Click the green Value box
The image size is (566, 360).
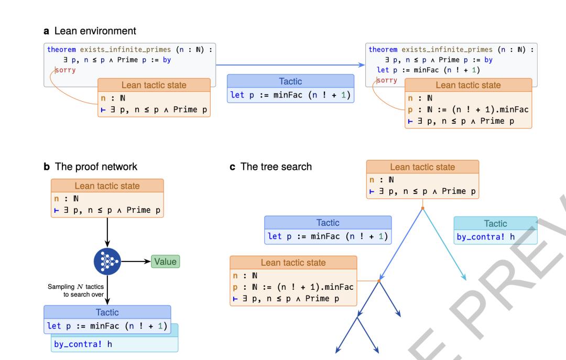pyautogui.click(x=165, y=261)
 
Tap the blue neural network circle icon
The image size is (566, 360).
pyautogui.click(x=107, y=261)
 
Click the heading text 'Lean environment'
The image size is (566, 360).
pyautogui.click(x=95, y=31)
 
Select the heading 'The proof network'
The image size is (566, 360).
pyautogui.click(x=96, y=167)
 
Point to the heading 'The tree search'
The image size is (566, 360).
pyautogui.click(x=276, y=167)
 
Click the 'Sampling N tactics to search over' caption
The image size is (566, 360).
pyautogui.click(x=76, y=290)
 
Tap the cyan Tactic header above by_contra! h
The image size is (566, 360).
pyautogui.click(x=495, y=224)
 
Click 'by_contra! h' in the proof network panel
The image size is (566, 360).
pyautogui.click(x=83, y=344)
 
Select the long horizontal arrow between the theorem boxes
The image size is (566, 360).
pyautogui.click(x=290, y=65)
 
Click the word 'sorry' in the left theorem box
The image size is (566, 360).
pyautogui.click(x=66, y=70)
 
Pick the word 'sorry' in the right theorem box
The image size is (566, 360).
pyautogui.click(x=387, y=80)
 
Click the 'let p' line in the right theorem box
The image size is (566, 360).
pyautogui.click(x=429, y=70)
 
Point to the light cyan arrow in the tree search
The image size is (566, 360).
pyautogui.click(x=444, y=244)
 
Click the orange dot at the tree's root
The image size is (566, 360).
pyautogui.click(x=423, y=209)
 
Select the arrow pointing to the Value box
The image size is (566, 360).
pyautogui.click(x=136, y=261)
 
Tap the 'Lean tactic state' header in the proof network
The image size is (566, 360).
pyautogui.click(x=107, y=186)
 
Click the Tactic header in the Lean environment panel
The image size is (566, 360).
pyautogui.click(x=290, y=81)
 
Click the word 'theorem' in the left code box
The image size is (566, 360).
pyautogui.click(x=61, y=49)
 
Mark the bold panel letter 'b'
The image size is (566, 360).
pyautogui.click(x=47, y=167)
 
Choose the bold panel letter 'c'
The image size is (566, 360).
pyautogui.click(x=233, y=167)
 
